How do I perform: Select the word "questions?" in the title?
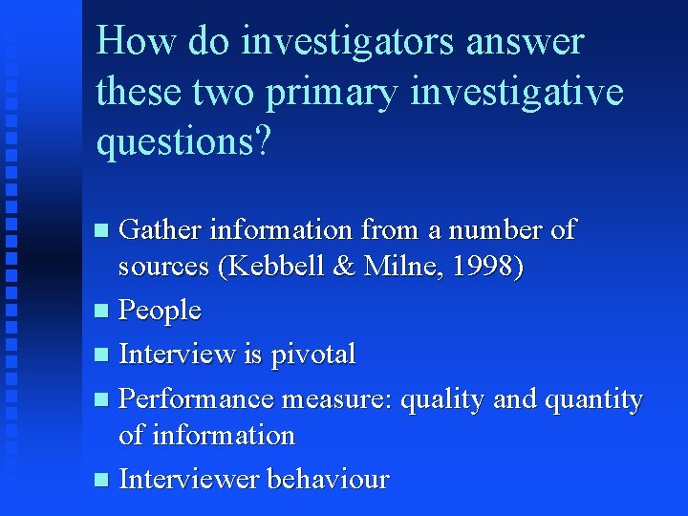coord(183,143)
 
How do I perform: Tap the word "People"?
coord(160,311)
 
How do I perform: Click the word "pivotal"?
coord(313,355)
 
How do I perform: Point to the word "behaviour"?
coord(329,478)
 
